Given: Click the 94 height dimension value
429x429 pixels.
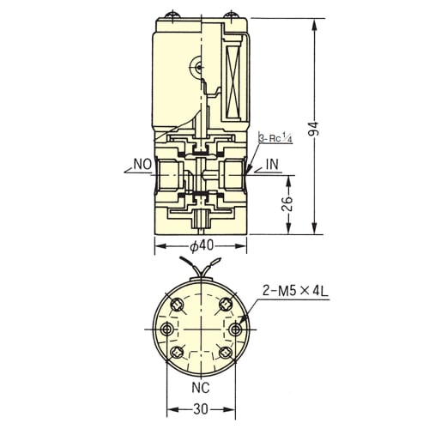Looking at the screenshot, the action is [315, 129].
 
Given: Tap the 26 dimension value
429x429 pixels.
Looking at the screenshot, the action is [289, 203].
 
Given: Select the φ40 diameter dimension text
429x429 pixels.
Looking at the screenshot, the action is [202, 245].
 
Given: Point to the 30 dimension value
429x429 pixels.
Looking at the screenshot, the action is [201, 409].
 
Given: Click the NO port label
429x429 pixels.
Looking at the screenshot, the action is [142, 165].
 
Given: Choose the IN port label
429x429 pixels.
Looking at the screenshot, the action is [272, 165].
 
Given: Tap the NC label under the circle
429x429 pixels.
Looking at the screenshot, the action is [201, 388].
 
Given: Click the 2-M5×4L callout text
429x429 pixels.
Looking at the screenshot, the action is [295, 292].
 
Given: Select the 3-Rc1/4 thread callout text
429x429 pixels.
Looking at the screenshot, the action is [275, 138].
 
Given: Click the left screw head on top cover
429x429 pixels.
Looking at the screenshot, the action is [172, 15].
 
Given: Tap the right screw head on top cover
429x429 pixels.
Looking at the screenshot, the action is [231, 15].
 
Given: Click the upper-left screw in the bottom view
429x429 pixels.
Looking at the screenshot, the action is [177, 305].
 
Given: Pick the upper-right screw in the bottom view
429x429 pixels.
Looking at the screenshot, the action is [226, 305].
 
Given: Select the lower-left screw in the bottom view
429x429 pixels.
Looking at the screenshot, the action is [177, 352].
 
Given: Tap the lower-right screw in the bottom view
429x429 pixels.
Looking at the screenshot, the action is [226, 352].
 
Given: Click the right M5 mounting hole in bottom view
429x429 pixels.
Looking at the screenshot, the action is [235, 329].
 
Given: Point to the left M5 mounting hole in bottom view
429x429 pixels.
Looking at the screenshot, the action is [166, 329].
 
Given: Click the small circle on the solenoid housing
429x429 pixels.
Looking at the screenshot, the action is [198, 68].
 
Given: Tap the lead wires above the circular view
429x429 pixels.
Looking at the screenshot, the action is [200, 267].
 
